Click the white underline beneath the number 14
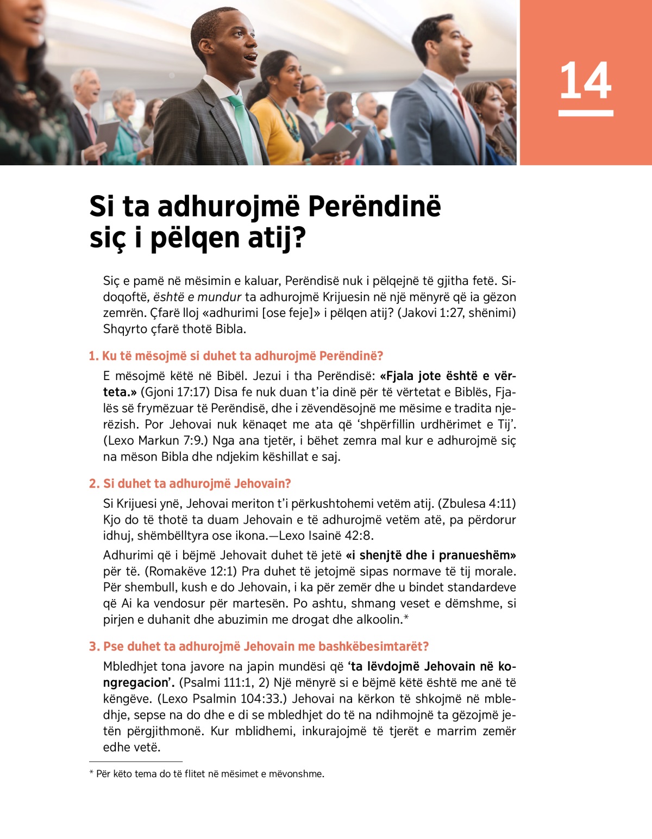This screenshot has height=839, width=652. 585,113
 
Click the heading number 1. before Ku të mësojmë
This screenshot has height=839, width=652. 93,356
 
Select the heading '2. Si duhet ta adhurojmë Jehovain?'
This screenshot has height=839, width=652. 190,483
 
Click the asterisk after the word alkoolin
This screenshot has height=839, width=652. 406,618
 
